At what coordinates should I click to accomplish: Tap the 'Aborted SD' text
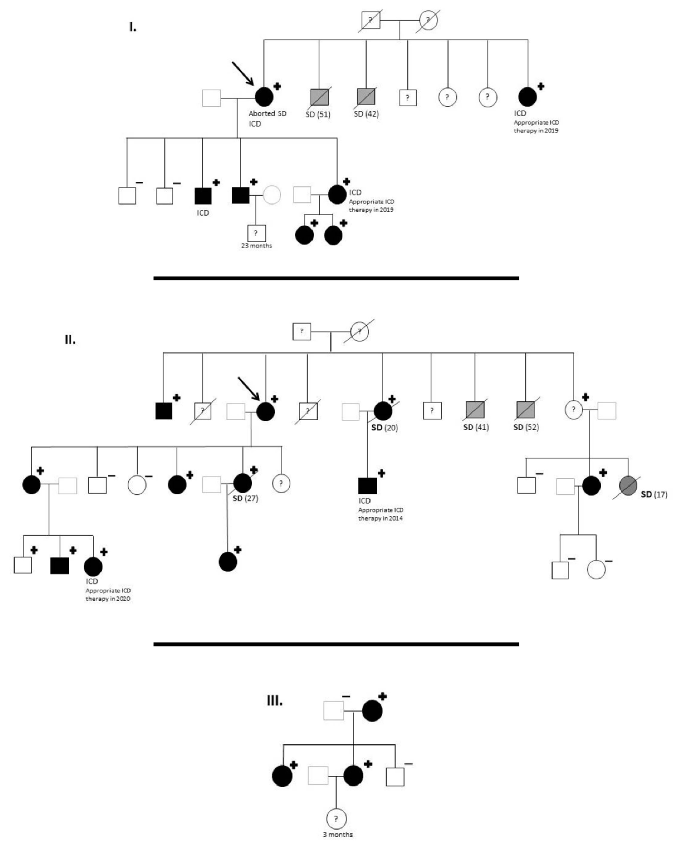pyautogui.click(x=267, y=113)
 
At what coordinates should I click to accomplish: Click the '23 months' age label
pyautogui.click(x=257, y=246)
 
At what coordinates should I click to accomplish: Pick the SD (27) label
pyautogui.click(x=245, y=498)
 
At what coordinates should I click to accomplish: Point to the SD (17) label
pyautogui.click(x=654, y=494)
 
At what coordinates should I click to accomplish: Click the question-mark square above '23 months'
pyautogui.click(x=256, y=233)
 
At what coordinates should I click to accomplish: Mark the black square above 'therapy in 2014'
pyautogui.click(x=367, y=485)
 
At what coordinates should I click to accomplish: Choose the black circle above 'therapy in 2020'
pyautogui.click(x=93, y=567)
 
